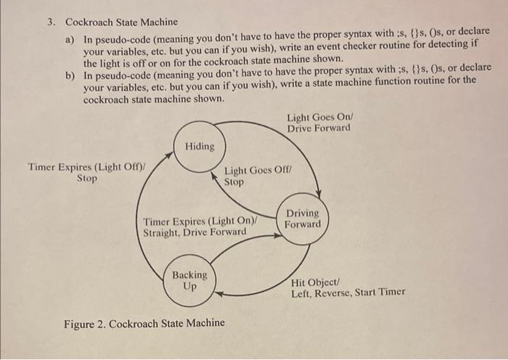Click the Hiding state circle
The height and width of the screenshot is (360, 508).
(x=200, y=147)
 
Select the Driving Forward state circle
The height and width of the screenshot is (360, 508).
(x=301, y=218)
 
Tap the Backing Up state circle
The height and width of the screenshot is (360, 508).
(x=189, y=280)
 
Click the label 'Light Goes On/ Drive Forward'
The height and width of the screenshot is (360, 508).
(x=318, y=123)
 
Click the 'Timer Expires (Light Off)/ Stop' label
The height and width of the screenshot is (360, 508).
(x=86, y=172)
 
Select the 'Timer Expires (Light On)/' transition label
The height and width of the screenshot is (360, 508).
(x=201, y=221)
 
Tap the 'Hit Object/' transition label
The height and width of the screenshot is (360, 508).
(x=314, y=282)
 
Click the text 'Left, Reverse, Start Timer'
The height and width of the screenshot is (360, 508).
(x=348, y=293)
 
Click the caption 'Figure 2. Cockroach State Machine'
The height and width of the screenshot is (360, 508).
(x=144, y=323)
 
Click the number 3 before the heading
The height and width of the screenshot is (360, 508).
(x=51, y=22)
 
